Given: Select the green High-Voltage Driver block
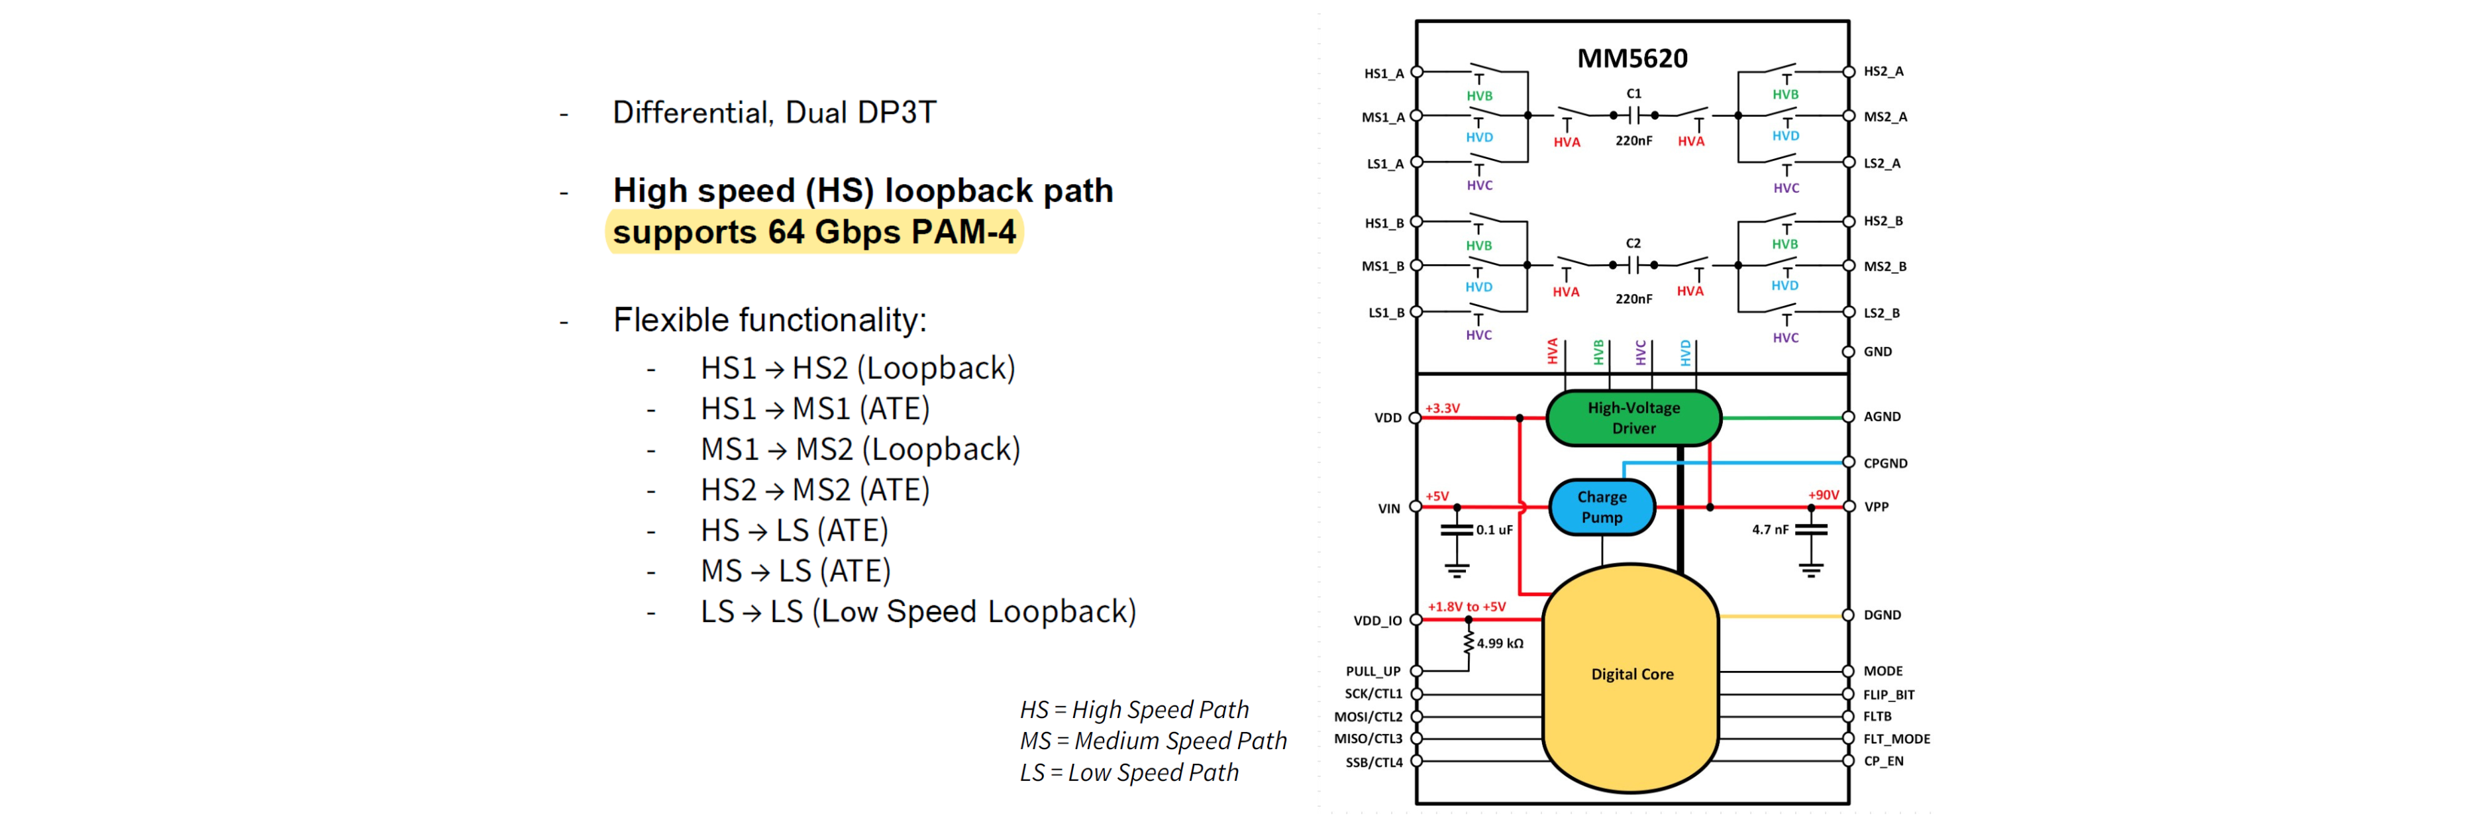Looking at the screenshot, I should click(1633, 417).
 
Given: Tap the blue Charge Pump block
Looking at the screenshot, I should click(1601, 507).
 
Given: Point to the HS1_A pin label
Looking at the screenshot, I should click(1383, 74).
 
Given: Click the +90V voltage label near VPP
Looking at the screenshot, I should click(1822, 495).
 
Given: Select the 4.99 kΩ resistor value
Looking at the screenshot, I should click(1500, 643).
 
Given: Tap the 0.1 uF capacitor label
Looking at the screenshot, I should click(1494, 530).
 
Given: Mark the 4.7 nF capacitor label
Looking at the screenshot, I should click(1769, 530).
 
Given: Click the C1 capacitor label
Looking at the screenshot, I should click(1633, 93).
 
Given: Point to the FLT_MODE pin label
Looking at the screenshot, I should click(1896, 739).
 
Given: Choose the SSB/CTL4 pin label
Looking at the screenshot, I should click(1373, 762).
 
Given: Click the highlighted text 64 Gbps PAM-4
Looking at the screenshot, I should click(891, 233).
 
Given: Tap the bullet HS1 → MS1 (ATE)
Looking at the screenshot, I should click(814, 409).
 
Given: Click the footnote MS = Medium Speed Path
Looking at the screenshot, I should click(1153, 741).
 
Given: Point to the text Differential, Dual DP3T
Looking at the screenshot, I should click(774, 113).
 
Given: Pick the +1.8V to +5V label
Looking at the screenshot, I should click(1466, 606).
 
